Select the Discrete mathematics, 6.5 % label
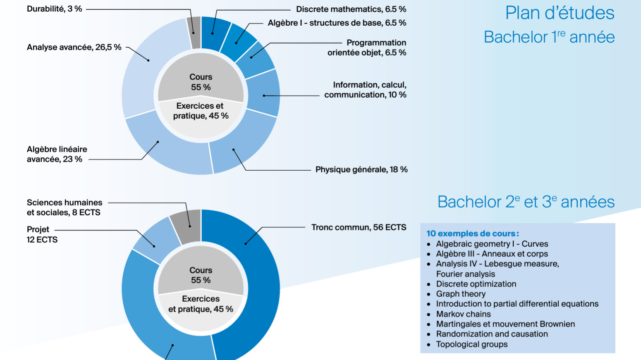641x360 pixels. [x=351, y=9]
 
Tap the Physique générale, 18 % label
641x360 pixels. [x=361, y=169]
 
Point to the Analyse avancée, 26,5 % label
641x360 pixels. [x=74, y=47]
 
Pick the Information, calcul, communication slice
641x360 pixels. [x=263, y=94]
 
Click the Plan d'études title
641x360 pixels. [x=560, y=13]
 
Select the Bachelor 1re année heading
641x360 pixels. [x=549, y=37]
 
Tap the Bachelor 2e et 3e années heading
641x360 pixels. [x=526, y=202]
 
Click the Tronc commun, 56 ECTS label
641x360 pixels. [x=359, y=227]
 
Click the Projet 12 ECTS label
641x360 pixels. [x=42, y=234]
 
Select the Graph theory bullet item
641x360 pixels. [x=461, y=294]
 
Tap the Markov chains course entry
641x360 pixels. [x=463, y=314]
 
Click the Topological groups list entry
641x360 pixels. [x=471, y=344]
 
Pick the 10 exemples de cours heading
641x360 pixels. [x=472, y=234]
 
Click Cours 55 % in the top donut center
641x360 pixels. [x=201, y=82]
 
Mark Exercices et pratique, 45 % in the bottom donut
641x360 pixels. [x=201, y=304]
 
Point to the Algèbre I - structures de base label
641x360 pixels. [x=337, y=23]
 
